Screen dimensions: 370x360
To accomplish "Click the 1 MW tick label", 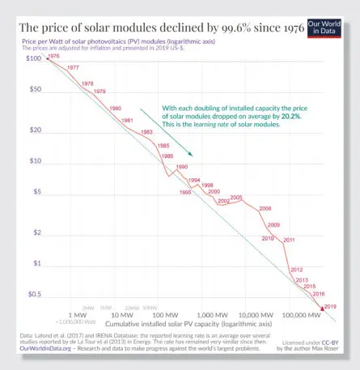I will click(x=78, y=315).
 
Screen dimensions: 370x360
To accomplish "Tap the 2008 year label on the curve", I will click(x=265, y=209).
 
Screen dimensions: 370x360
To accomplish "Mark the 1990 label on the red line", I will click(x=181, y=166).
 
